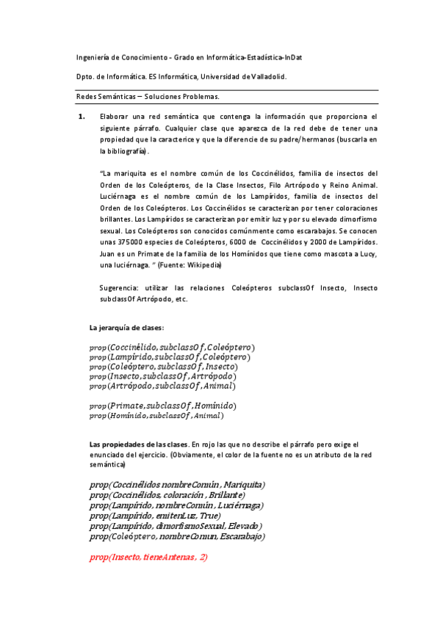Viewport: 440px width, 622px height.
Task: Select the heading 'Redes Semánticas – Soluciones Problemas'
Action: click(148, 96)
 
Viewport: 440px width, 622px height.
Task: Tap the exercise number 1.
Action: click(82, 117)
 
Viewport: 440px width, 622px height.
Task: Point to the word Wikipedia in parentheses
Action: click(200, 265)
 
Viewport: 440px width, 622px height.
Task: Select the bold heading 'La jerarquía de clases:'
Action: click(126, 327)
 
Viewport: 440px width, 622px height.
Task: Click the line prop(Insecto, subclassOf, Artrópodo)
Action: click(167, 376)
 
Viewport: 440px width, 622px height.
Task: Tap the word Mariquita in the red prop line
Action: click(242, 485)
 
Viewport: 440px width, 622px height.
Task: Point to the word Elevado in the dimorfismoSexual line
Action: click(245, 526)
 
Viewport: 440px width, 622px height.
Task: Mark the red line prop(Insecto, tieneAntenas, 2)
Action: click(148, 557)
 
